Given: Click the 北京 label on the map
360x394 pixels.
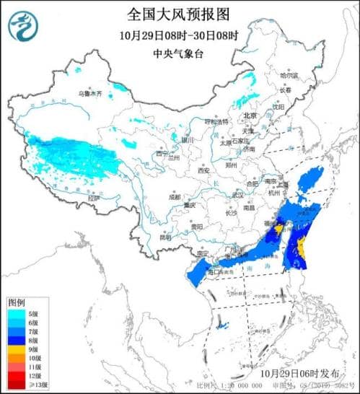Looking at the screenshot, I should click(250, 115).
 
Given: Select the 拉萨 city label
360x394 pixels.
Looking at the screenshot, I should click(93, 197).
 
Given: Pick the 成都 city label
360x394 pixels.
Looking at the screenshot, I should click(175, 196).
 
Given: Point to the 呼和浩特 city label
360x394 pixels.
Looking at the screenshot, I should click(216, 121).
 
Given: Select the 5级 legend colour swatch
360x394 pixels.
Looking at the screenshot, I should click(17, 313).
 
